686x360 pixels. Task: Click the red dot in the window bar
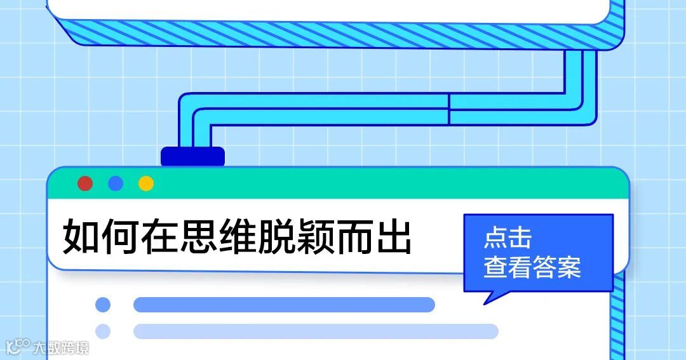point(85,183)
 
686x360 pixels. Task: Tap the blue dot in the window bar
point(116,183)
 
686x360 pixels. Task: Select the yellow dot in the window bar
point(146,183)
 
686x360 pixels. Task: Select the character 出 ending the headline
point(394,237)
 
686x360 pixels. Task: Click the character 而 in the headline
point(355,237)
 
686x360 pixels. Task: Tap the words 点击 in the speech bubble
point(507,238)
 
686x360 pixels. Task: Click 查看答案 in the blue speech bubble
point(532,267)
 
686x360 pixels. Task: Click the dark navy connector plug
point(192,156)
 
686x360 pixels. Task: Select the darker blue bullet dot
point(103,305)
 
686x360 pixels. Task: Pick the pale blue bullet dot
point(103,331)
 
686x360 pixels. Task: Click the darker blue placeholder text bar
point(284,305)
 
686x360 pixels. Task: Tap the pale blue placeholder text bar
point(316,331)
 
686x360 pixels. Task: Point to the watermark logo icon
point(18,347)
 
